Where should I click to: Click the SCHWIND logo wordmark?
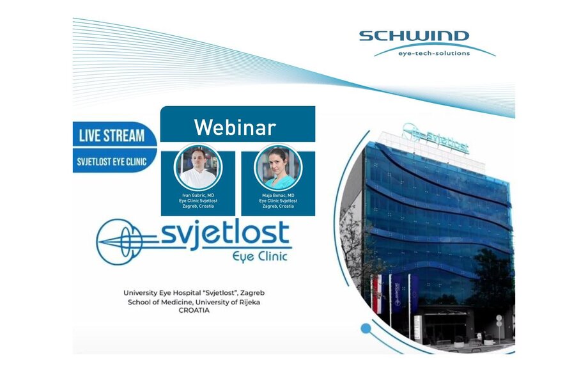pyautogui.click(x=414, y=36)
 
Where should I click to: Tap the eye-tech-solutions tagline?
pyautogui.click(x=434, y=53)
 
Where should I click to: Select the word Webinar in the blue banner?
pyautogui.click(x=235, y=127)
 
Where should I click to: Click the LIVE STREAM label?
pyautogui.click(x=112, y=136)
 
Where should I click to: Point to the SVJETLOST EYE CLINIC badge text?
pyautogui.click(x=112, y=162)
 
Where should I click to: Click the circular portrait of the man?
pyautogui.click(x=198, y=168)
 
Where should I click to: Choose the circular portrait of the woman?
pyautogui.click(x=278, y=168)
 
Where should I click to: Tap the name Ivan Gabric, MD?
pyautogui.click(x=198, y=196)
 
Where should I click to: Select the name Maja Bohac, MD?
pyautogui.click(x=278, y=196)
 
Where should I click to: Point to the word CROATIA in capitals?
pyautogui.click(x=194, y=310)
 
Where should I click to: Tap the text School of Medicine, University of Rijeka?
pyautogui.click(x=194, y=302)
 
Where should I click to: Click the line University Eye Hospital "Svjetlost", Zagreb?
pyautogui.click(x=194, y=292)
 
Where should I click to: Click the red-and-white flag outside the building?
pyautogui.click(x=377, y=294)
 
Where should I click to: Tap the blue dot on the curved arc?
pyautogui.click(x=366, y=329)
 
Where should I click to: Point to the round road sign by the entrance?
pyautogui.click(x=499, y=318)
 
